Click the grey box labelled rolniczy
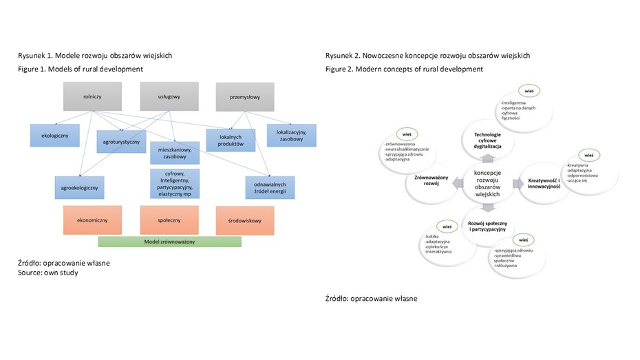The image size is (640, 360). point(92,97)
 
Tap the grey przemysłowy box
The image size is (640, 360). point(244,97)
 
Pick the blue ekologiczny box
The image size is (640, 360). point(54,135)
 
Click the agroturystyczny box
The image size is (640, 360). point(122,141)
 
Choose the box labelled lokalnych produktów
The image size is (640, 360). point(231,140)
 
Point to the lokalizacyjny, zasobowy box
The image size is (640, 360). point(291,134)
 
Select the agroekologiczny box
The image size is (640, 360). point(80,187)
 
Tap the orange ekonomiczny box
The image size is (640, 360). point(92,220)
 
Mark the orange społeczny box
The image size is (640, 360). point(169,220)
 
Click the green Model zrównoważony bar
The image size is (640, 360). point(169,242)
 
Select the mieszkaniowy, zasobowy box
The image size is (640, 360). point(174,153)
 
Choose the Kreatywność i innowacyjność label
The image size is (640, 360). point(544,183)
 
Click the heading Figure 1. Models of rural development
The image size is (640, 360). point(80,69)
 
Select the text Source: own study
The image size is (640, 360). point(47,273)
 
